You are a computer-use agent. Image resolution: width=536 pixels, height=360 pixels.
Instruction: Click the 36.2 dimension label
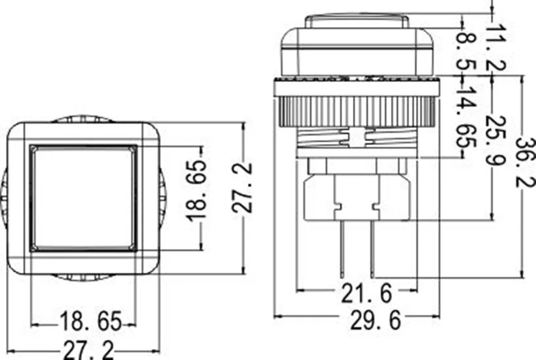tap(525, 162)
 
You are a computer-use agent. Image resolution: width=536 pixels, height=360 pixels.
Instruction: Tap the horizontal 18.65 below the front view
tap(91, 321)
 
